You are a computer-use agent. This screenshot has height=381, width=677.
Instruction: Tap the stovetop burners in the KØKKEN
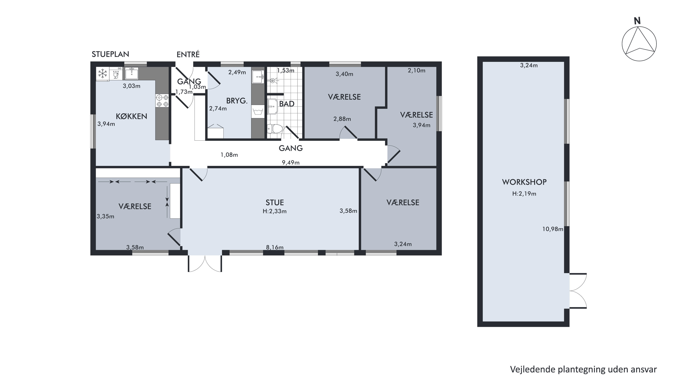click(x=162, y=101)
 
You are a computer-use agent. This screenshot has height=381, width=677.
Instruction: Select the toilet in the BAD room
click(x=275, y=129)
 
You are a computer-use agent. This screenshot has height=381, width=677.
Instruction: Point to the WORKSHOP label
click(x=524, y=182)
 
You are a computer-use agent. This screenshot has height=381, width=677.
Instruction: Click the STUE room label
click(x=275, y=203)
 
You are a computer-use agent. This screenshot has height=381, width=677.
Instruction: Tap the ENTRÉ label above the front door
click(x=188, y=54)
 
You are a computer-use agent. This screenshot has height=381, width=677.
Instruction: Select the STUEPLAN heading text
click(x=110, y=54)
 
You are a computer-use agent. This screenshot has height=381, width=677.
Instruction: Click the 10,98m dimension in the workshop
click(x=553, y=229)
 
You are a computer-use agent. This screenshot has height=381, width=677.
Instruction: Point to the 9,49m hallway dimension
click(x=291, y=163)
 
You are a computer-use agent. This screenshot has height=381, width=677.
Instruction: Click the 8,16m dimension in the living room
click(x=275, y=247)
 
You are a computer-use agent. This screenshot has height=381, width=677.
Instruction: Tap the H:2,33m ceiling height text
click(x=275, y=211)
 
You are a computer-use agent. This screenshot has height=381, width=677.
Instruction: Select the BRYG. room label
click(x=237, y=101)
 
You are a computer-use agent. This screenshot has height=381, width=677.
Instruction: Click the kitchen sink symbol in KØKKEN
click(x=132, y=73)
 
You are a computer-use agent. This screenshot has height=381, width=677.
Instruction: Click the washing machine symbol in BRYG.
click(x=258, y=112)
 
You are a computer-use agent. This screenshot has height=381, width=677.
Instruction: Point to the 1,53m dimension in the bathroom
click(x=286, y=70)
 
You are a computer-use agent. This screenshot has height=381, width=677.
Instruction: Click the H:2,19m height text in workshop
click(x=524, y=194)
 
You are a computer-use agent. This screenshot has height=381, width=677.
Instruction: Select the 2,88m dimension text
click(x=342, y=119)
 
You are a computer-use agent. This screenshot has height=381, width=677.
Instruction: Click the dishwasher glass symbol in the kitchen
click(x=116, y=74)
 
